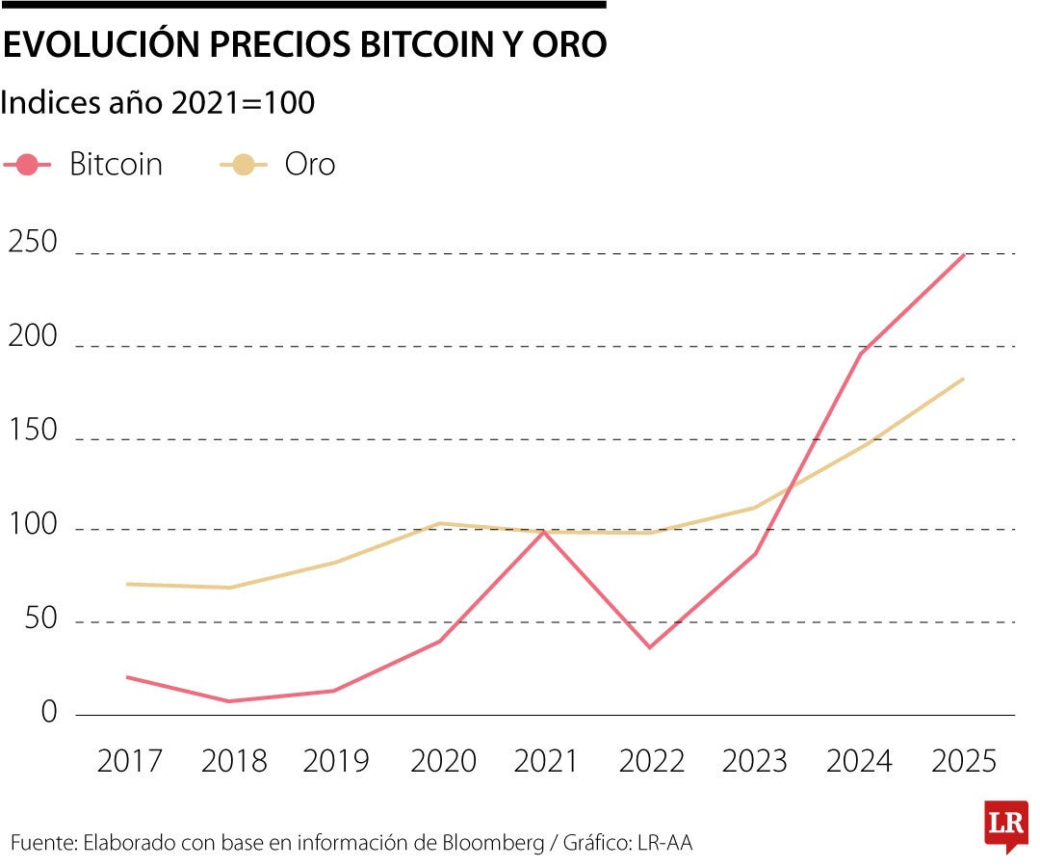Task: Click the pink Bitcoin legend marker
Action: coord(28,165)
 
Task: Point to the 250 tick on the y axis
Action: coord(33,243)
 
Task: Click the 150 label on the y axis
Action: coord(33,432)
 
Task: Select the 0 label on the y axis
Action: coord(48,713)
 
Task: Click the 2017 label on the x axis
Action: coord(130,761)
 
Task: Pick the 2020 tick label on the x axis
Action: coord(443,761)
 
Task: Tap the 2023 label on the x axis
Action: coord(755,761)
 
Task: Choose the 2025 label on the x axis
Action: coord(964,761)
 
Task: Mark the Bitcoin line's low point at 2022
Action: coord(650,647)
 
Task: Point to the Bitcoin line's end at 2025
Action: coord(964,255)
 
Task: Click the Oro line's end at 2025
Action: coord(964,379)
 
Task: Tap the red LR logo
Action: coord(1005,825)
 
